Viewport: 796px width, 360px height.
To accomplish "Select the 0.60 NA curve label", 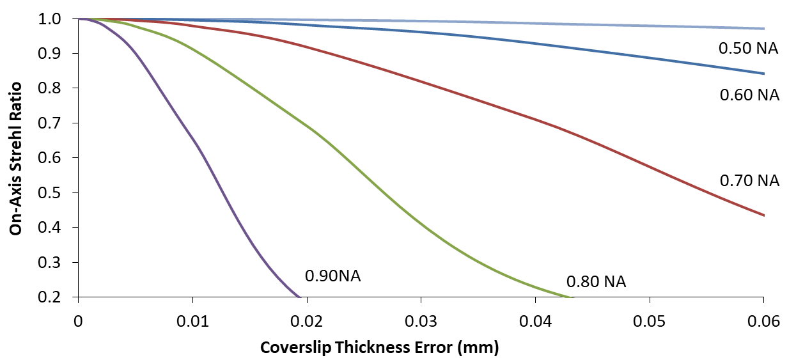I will (x=749, y=95).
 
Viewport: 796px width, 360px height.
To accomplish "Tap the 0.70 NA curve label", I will (x=749, y=181).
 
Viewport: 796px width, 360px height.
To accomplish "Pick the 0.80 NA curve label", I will (x=596, y=282).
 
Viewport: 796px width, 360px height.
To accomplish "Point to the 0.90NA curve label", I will (x=332, y=276).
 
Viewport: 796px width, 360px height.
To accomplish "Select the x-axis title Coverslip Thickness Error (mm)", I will (x=379, y=348).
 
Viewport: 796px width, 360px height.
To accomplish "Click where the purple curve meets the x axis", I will (x=300, y=297).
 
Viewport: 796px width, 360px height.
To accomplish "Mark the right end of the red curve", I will (x=763, y=215).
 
